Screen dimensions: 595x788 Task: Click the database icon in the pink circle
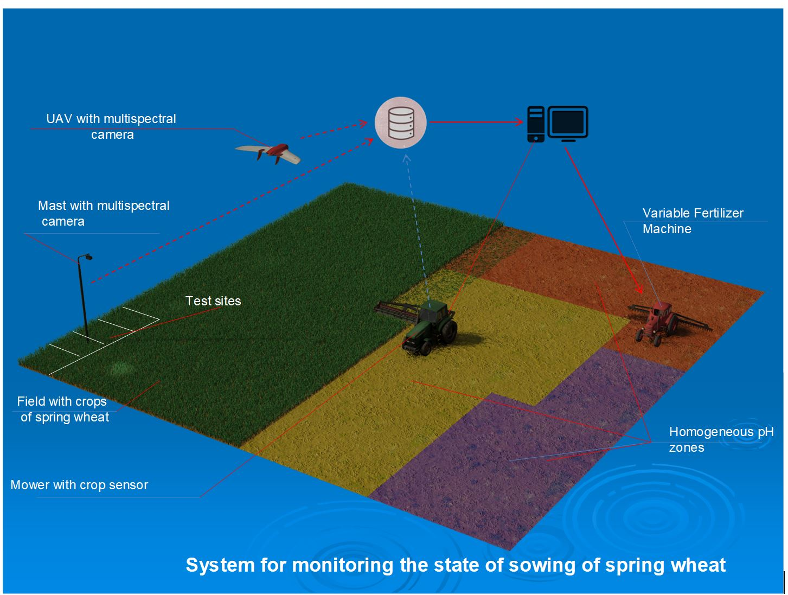(x=401, y=123)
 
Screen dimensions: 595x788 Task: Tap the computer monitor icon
(x=568, y=123)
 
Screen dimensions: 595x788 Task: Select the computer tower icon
(x=535, y=124)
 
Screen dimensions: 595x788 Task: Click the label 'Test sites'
(x=213, y=301)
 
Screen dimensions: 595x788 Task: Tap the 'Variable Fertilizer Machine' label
(x=693, y=221)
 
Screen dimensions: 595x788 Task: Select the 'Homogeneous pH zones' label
(x=721, y=439)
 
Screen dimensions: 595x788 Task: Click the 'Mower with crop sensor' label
(x=79, y=485)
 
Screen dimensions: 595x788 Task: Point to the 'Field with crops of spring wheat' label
(x=63, y=409)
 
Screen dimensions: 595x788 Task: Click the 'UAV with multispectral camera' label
(x=111, y=126)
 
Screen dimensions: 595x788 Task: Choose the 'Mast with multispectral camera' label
(x=103, y=213)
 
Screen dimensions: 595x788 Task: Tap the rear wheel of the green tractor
(x=449, y=331)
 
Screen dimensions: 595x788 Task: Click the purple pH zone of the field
(x=488, y=466)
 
